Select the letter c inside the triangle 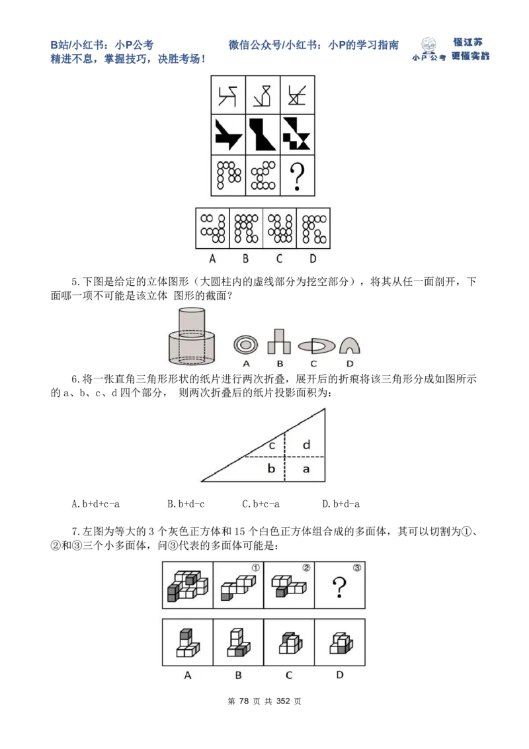pos(272,445)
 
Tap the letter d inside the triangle pos(306,445)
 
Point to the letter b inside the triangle pos(271,468)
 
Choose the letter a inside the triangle pos(306,468)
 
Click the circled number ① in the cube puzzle pos(255,567)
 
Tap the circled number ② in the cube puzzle pos(306,567)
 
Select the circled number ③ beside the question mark pos(357,567)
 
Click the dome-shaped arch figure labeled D pos(350,344)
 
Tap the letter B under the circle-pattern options pos(245,259)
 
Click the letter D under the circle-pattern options pos(313,259)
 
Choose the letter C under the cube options pos(289,675)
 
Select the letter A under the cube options pos(188,675)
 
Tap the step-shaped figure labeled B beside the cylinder pos(279,341)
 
